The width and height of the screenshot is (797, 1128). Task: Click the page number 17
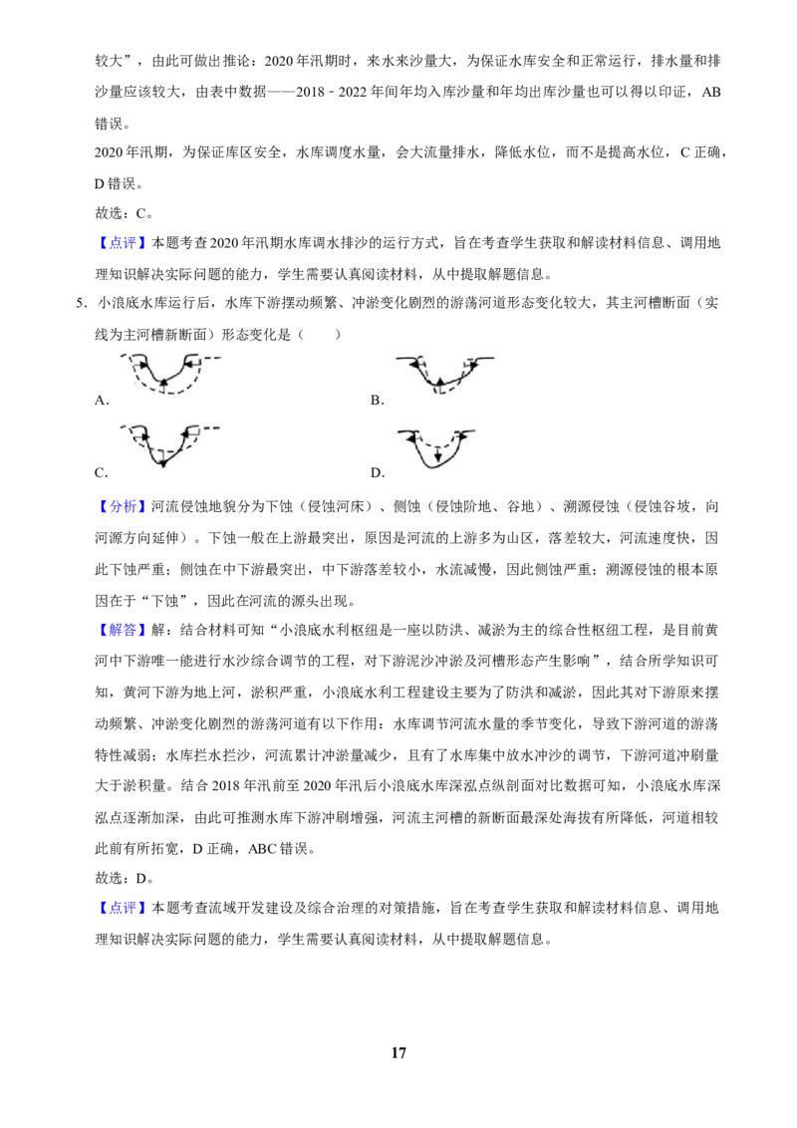398,1052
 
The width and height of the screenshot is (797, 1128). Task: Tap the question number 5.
81,303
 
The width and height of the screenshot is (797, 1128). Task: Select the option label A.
102,401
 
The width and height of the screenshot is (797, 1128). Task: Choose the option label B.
377,401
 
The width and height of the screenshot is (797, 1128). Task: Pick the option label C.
102,472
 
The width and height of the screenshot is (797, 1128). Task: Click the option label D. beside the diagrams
378,472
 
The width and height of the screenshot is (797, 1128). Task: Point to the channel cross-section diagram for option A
169,374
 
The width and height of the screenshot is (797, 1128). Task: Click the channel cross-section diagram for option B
445,374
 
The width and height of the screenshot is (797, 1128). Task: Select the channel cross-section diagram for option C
169,445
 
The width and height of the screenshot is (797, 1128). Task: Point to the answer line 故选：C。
124,213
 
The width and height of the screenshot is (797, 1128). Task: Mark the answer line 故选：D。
125,878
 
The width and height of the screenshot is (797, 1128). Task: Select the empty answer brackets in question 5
320,335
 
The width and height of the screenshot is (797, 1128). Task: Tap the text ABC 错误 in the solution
281,849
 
